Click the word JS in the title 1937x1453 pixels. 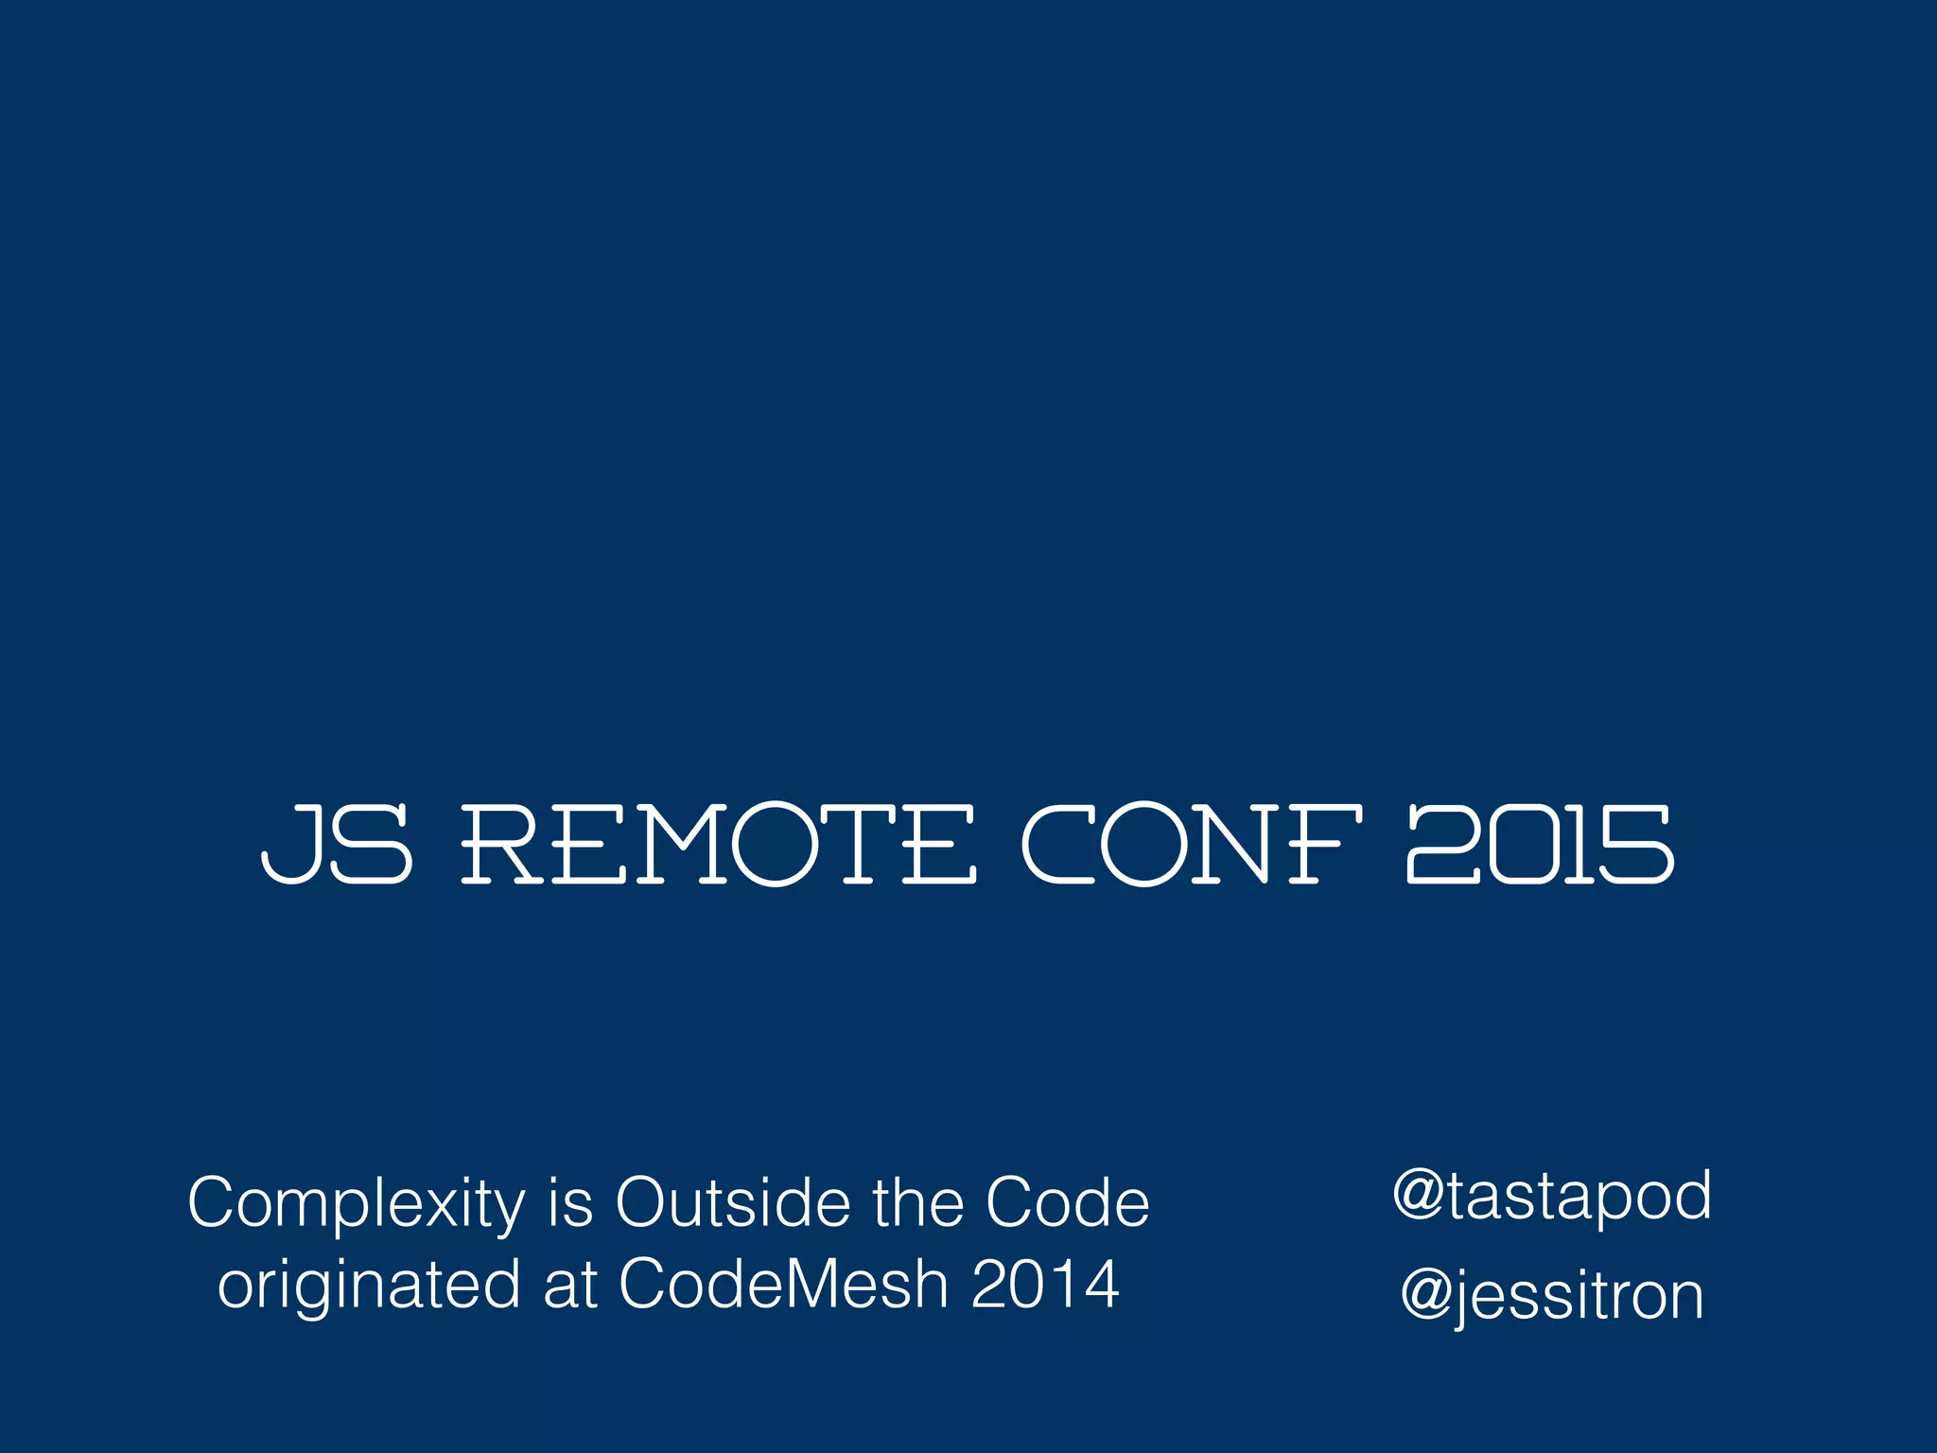336,844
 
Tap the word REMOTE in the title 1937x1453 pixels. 718,844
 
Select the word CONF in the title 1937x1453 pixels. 1192,844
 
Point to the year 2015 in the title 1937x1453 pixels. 1541,844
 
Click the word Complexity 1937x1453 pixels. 357,1204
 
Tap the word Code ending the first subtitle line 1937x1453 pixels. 1068,1202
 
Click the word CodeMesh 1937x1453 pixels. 783,1284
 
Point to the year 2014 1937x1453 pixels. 1045,1284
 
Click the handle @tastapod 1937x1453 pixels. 1552,1197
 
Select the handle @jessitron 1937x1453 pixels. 1552,1297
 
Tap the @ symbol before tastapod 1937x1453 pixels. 1418,1197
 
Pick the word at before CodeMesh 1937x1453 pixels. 570,1285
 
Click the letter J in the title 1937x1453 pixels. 289,844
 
